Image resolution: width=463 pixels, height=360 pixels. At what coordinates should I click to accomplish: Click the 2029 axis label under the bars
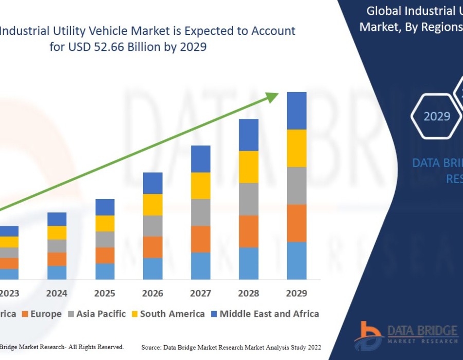pos(296,294)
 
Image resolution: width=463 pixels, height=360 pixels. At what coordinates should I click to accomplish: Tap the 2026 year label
pos(153,294)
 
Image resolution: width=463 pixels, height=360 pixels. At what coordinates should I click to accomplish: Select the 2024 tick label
pos(57,294)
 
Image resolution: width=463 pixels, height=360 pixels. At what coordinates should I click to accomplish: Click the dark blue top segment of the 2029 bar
pos(296,111)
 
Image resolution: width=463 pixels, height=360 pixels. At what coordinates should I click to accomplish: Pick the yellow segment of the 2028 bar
pos(248,167)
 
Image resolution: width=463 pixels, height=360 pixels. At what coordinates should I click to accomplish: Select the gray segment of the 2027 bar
pos(201,212)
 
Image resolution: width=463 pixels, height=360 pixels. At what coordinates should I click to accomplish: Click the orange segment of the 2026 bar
pos(153,247)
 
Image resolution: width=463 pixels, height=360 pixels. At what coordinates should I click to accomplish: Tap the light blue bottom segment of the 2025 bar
pos(105,271)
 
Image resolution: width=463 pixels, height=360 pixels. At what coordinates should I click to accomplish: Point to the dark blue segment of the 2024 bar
pos(57,219)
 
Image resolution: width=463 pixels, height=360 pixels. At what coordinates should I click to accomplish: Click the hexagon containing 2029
pos(437,116)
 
